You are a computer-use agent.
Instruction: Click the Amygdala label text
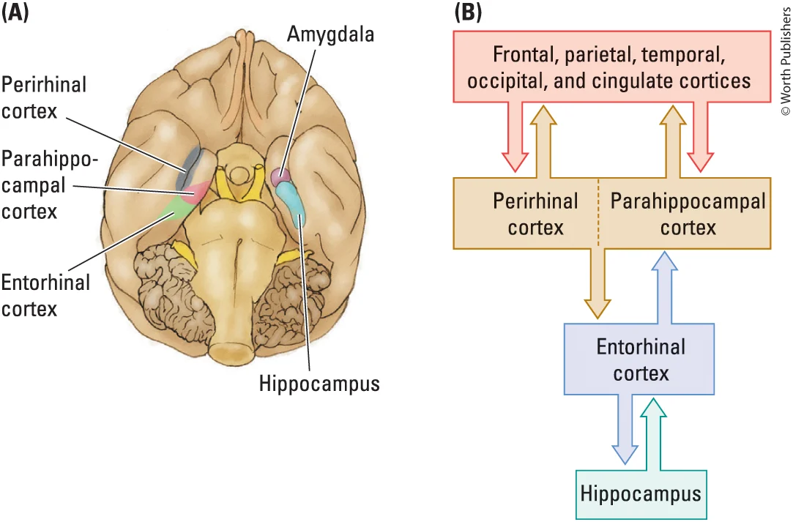coord(330,34)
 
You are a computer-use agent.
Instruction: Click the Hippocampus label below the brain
coord(319,383)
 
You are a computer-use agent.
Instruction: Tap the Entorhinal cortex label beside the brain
coord(45,295)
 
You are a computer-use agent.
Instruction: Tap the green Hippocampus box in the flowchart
coord(641,494)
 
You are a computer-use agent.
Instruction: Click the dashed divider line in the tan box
coord(598,212)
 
